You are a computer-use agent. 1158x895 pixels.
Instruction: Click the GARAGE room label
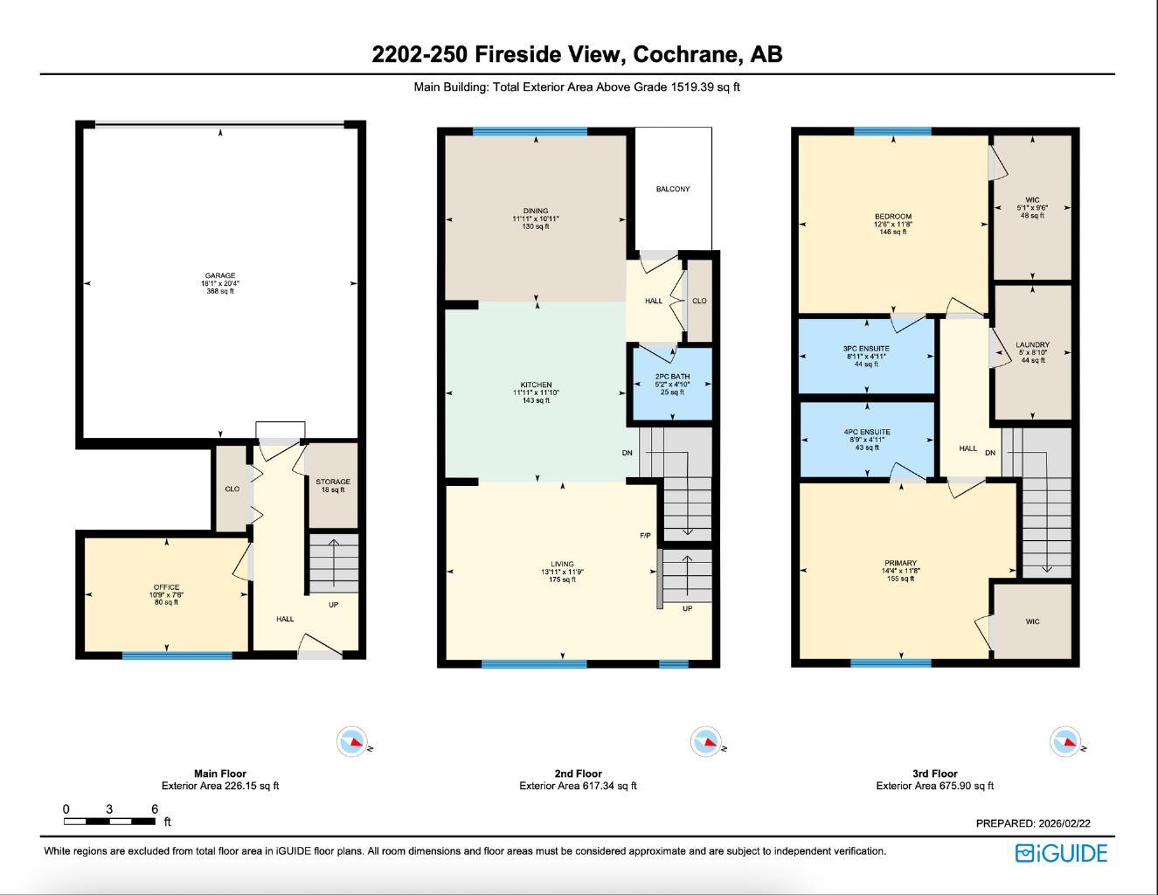[220, 275]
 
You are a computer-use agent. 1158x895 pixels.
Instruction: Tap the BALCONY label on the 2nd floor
[673, 189]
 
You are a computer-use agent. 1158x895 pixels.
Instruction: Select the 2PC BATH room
[673, 384]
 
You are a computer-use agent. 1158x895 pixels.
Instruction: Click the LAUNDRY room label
[1032, 344]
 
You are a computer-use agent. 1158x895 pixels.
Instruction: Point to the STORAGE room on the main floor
[333, 486]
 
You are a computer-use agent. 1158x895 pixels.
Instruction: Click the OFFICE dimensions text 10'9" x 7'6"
[166, 594]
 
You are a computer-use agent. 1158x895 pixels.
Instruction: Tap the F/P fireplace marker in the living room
[645, 536]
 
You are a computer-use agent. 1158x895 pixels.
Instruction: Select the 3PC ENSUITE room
[866, 356]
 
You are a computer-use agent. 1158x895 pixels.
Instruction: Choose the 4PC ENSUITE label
[867, 432]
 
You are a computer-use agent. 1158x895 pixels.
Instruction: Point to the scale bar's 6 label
[155, 809]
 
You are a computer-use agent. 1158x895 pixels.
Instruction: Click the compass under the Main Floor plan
[352, 741]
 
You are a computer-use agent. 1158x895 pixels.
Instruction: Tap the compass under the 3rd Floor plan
[1065, 741]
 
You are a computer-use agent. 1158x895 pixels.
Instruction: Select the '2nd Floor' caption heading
[578, 774]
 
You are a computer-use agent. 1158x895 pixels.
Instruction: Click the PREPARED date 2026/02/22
[1063, 823]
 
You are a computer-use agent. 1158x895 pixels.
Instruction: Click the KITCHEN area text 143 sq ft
[536, 400]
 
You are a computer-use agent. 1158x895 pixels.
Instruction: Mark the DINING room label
[536, 211]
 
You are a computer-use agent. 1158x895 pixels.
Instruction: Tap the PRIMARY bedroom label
[900, 563]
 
